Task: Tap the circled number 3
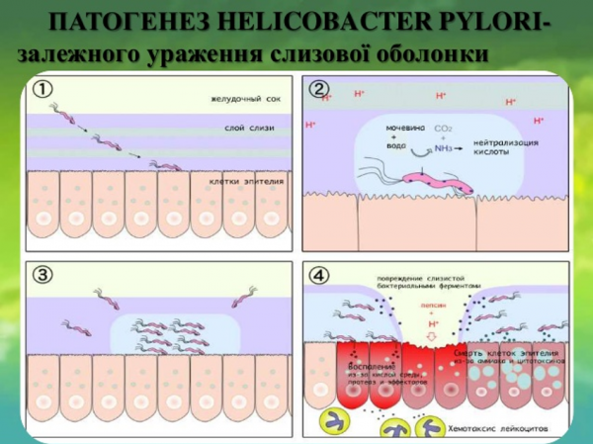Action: [x=43, y=276]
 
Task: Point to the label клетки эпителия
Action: [x=247, y=180]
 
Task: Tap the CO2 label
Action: [x=442, y=127]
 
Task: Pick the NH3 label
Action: [x=445, y=149]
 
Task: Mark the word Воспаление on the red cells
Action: [x=361, y=365]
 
